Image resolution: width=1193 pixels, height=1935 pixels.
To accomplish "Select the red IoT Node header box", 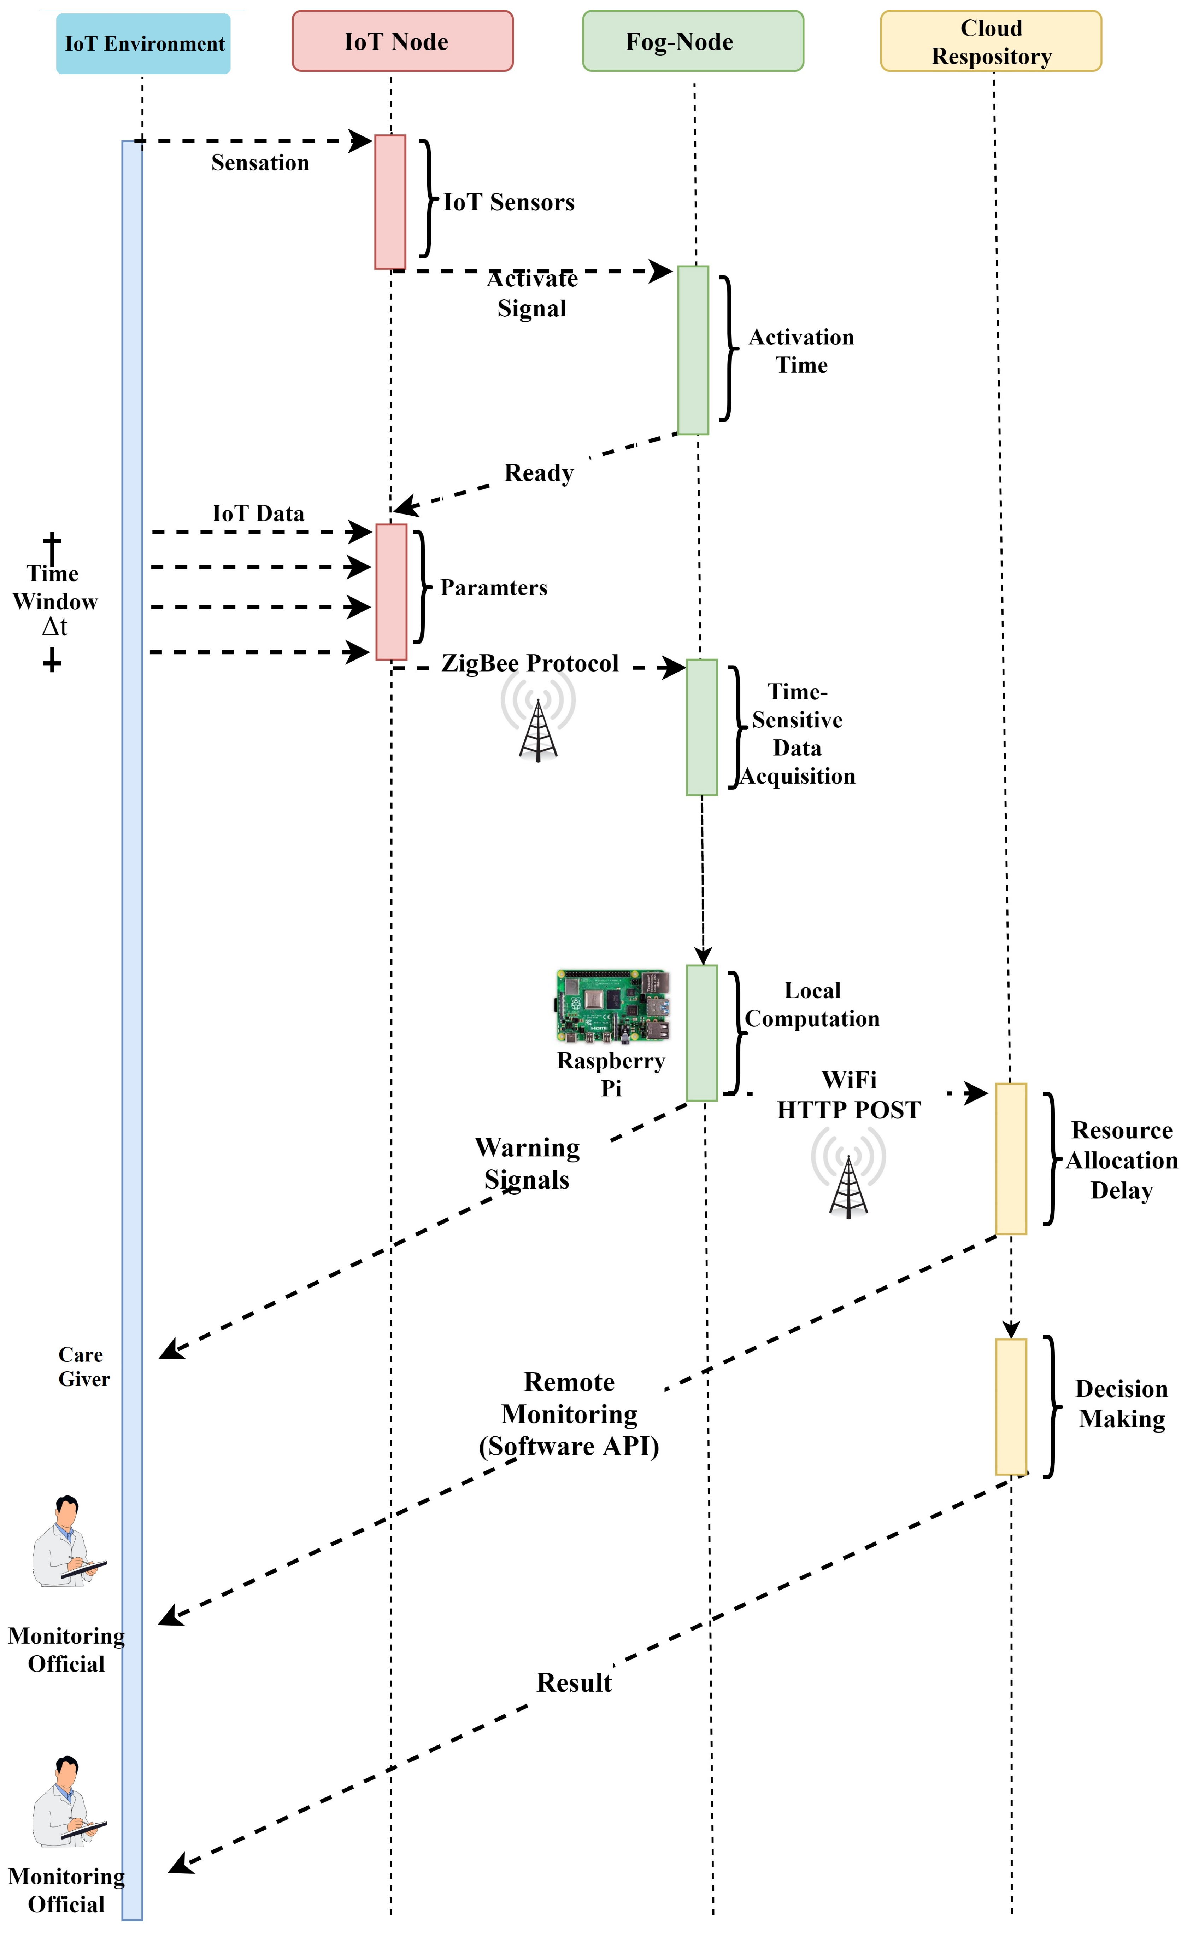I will pyautogui.click(x=402, y=41).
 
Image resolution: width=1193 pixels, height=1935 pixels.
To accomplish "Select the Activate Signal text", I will pyautogui.click(x=532, y=293).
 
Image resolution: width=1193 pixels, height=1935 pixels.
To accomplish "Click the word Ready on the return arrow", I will pyautogui.click(x=539, y=473).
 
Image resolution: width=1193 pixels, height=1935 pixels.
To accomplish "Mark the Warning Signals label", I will pyautogui.click(x=527, y=1163).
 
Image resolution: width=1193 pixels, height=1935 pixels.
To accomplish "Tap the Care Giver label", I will pyautogui.click(x=83, y=1367).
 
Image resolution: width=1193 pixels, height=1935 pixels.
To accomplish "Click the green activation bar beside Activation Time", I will pyautogui.click(x=693, y=350).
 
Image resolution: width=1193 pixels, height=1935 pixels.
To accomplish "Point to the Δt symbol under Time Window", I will pyautogui.click(x=54, y=627).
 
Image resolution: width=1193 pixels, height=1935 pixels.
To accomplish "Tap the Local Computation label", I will pyautogui.click(x=812, y=1004).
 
